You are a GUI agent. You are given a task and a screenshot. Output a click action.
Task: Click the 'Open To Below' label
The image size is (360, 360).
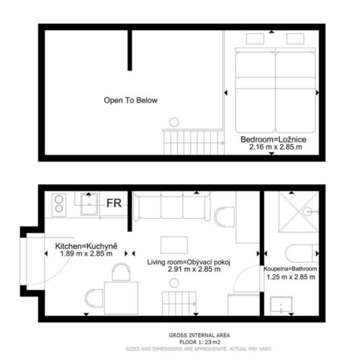pyautogui.click(x=130, y=100)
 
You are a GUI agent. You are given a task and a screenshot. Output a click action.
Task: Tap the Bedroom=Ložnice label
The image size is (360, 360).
pyautogui.click(x=274, y=140)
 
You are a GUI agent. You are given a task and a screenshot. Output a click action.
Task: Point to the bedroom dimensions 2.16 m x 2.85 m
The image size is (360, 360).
pyautogui.click(x=276, y=147)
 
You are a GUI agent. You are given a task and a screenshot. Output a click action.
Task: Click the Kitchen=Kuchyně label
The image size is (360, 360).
pyautogui.click(x=86, y=246)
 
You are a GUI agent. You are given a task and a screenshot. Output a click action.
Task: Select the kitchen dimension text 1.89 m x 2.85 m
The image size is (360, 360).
pyautogui.click(x=86, y=253)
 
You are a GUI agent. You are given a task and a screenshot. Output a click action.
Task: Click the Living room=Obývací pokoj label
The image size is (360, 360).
pyautogui.click(x=189, y=262)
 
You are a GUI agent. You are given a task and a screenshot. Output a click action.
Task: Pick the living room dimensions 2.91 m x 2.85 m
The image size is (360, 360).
pyautogui.click(x=194, y=269)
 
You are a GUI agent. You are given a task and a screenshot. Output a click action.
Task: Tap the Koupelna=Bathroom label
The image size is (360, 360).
pyautogui.click(x=290, y=269)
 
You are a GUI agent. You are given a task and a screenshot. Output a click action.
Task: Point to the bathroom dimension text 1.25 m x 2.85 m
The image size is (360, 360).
pyautogui.click(x=291, y=277)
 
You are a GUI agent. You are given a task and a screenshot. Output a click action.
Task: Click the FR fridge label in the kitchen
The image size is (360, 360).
pyautogui.click(x=114, y=203)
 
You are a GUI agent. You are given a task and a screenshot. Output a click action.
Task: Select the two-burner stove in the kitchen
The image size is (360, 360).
pyautogui.click(x=59, y=204)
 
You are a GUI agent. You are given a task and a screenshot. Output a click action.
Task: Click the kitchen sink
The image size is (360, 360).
pyautogui.click(x=89, y=204)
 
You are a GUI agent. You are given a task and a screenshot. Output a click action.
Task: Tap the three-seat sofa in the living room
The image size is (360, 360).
pyautogui.click(x=172, y=206)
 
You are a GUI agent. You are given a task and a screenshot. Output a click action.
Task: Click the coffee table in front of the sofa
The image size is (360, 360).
pyautogui.click(x=174, y=245)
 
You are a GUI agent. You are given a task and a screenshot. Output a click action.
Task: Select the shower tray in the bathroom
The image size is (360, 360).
pyautogui.click(x=299, y=212)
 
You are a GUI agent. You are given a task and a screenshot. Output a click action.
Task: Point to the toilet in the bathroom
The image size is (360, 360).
pyautogui.click(x=302, y=253)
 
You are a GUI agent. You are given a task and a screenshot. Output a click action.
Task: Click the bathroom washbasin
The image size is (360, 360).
pyautogui.click(x=282, y=305)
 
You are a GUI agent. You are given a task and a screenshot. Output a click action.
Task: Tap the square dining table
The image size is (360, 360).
pyautogui.click(x=121, y=298)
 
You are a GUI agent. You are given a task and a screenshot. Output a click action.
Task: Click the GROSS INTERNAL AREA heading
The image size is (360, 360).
pyautogui.click(x=199, y=336)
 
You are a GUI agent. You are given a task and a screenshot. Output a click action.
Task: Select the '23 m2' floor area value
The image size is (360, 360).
pyautogui.click(x=212, y=342)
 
